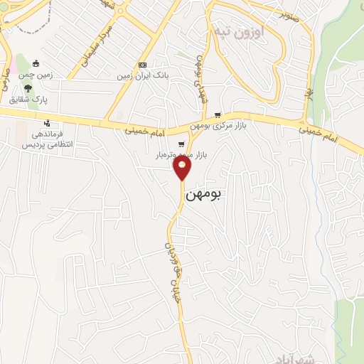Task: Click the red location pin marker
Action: pos(183,168)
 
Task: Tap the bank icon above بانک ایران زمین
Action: pos(142,63)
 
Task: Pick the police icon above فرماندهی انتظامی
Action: pos(46,122)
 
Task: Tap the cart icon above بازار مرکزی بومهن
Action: pos(218,115)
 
